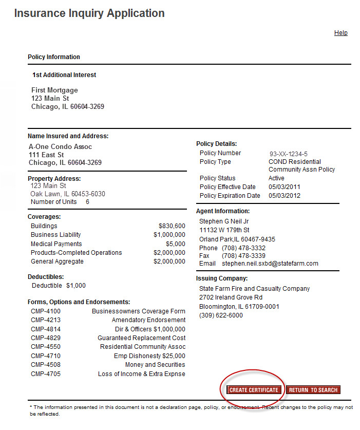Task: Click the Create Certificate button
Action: pyautogui.click(x=254, y=390)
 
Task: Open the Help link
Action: pyautogui.click(x=341, y=33)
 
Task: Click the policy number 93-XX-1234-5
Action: pyautogui.click(x=289, y=154)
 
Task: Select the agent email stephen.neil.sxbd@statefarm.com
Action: pyautogui.click(x=270, y=264)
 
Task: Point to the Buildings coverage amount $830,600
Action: pyautogui.click(x=172, y=226)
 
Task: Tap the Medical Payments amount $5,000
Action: pyautogui.click(x=175, y=244)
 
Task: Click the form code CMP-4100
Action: pyautogui.click(x=46, y=311)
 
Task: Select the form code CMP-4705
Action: pyautogui.click(x=46, y=374)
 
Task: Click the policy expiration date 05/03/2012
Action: pyautogui.click(x=285, y=196)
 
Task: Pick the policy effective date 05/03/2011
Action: pyautogui.click(x=285, y=187)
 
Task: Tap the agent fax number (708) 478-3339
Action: pyautogui.click(x=243, y=256)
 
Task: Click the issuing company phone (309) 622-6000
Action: pyautogui.click(x=221, y=315)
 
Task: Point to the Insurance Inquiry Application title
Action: pyautogui.click(x=89, y=13)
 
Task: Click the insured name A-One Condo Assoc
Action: pyautogui.click(x=61, y=147)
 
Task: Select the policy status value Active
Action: pyautogui.click(x=276, y=178)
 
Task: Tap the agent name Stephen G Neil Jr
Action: pyautogui.click(x=224, y=221)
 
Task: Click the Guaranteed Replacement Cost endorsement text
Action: pyautogui.click(x=142, y=338)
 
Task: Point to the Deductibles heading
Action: pyautogui.click(x=46, y=277)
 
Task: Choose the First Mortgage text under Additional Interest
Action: pyautogui.click(x=55, y=90)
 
